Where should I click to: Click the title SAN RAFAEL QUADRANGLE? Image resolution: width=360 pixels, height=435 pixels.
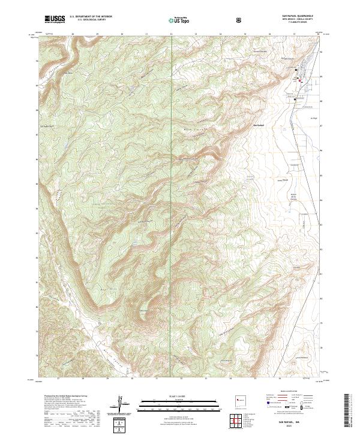296,16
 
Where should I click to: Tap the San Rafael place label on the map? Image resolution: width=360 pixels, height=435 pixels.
259,125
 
